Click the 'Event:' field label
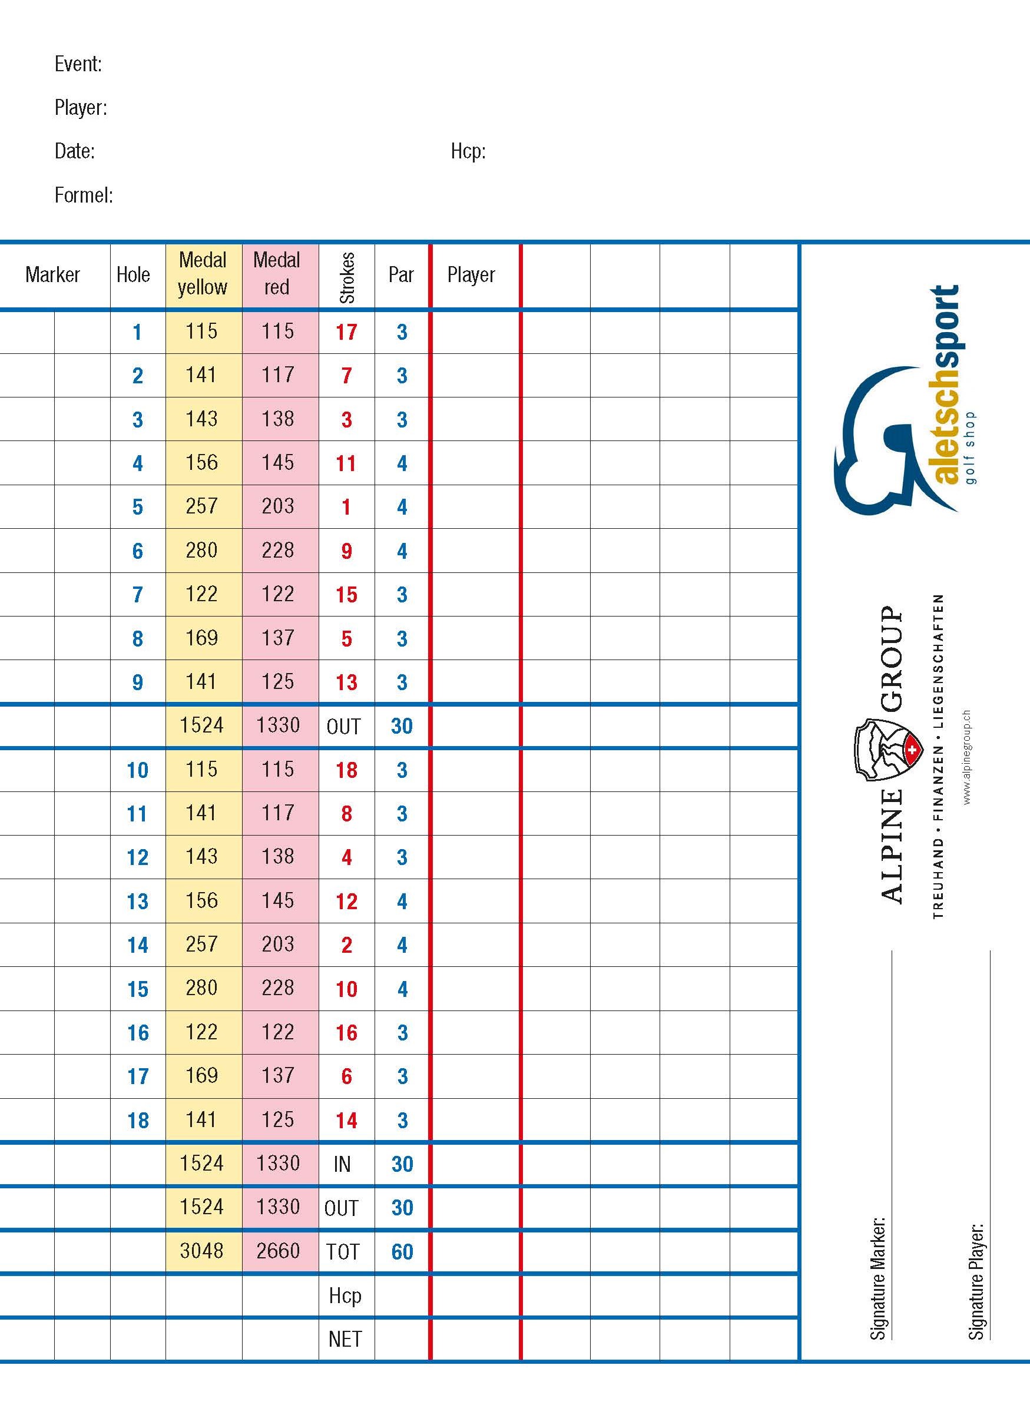click(x=78, y=64)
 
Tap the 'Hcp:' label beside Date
click(x=468, y=151)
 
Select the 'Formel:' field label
click(x=84, y=195)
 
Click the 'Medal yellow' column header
click(x=203, y=274)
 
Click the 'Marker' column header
click(x=52, y=275)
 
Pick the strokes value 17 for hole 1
click(x=346, y=332)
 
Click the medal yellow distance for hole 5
click(x=201, y=507)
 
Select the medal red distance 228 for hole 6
click(x=277, y=551)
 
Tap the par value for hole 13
click(x=402, y=902)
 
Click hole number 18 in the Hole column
click(x=138, y=1121)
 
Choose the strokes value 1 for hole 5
click(x=346, y=508)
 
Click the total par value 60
click(x=402, y=1252)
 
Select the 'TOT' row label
click(x=342, y=1252)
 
